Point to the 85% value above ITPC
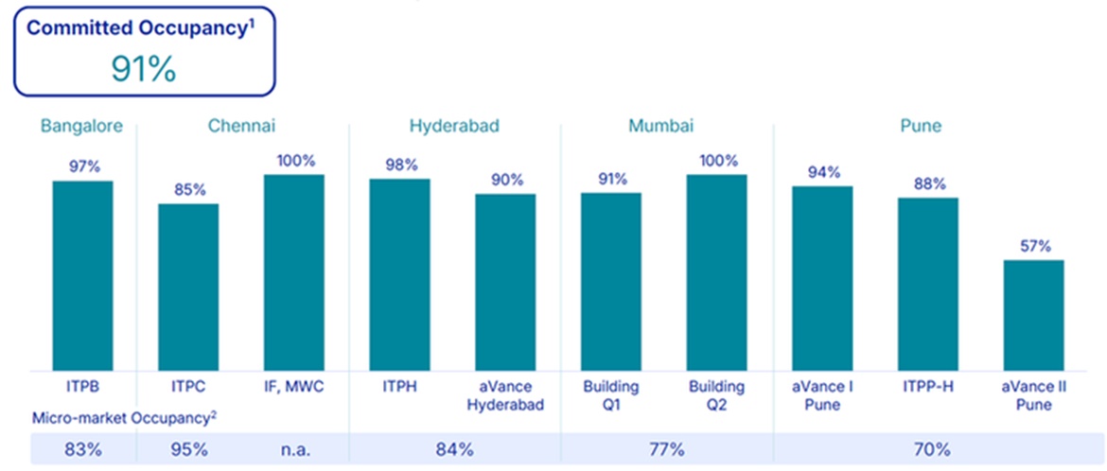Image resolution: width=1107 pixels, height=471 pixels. (188, 188)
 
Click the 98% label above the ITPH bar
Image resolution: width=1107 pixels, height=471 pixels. (399, 164)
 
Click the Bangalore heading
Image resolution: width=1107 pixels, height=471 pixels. (81, 126)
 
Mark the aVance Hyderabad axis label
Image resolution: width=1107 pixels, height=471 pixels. (505, 395)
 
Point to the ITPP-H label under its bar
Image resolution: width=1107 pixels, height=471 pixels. (927, 387)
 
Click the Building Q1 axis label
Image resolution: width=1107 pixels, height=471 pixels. (610, 395)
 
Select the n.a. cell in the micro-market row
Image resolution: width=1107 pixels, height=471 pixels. (293, 448)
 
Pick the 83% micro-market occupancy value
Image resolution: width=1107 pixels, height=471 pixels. (82, 448)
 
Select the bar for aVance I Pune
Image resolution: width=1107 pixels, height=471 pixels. (822, 278)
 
